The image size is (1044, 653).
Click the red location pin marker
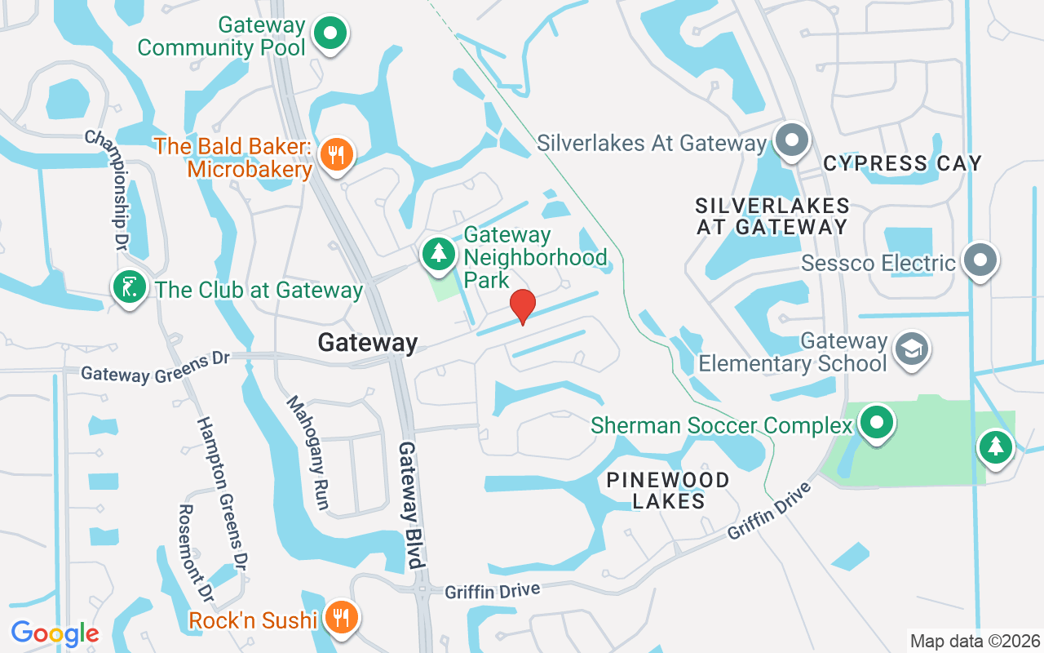pos(522,307)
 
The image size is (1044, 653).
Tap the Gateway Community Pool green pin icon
pos(331,35)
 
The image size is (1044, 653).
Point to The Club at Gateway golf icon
pos(129,287)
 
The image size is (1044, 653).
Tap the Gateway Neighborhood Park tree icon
pos(439,253)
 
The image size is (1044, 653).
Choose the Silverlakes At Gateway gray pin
pos(790,140)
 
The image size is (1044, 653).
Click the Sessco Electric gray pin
pos(980,261)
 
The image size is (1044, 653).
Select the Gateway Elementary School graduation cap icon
pos(911,349)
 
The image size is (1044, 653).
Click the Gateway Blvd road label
pos(410,505)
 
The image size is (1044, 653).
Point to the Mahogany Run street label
pos(307,453)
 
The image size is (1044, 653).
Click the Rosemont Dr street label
pos(196,555)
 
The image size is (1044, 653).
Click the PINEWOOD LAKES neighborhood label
pos(668,490)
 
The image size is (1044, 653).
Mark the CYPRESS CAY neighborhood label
pos(902,163)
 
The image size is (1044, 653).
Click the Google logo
pos(55,633)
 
